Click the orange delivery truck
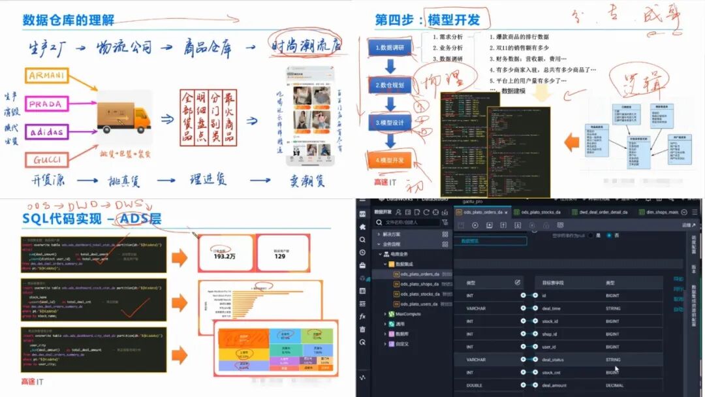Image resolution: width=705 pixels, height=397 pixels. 123,118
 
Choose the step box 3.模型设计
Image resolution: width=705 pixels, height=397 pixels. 390,122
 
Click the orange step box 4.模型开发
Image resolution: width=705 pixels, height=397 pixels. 390,159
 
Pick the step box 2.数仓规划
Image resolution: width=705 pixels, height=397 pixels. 390,85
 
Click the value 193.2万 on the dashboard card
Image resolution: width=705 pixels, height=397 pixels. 225,256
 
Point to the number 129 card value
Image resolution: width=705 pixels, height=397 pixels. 279,256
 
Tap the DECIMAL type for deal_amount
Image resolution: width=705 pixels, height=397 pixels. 616,385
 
